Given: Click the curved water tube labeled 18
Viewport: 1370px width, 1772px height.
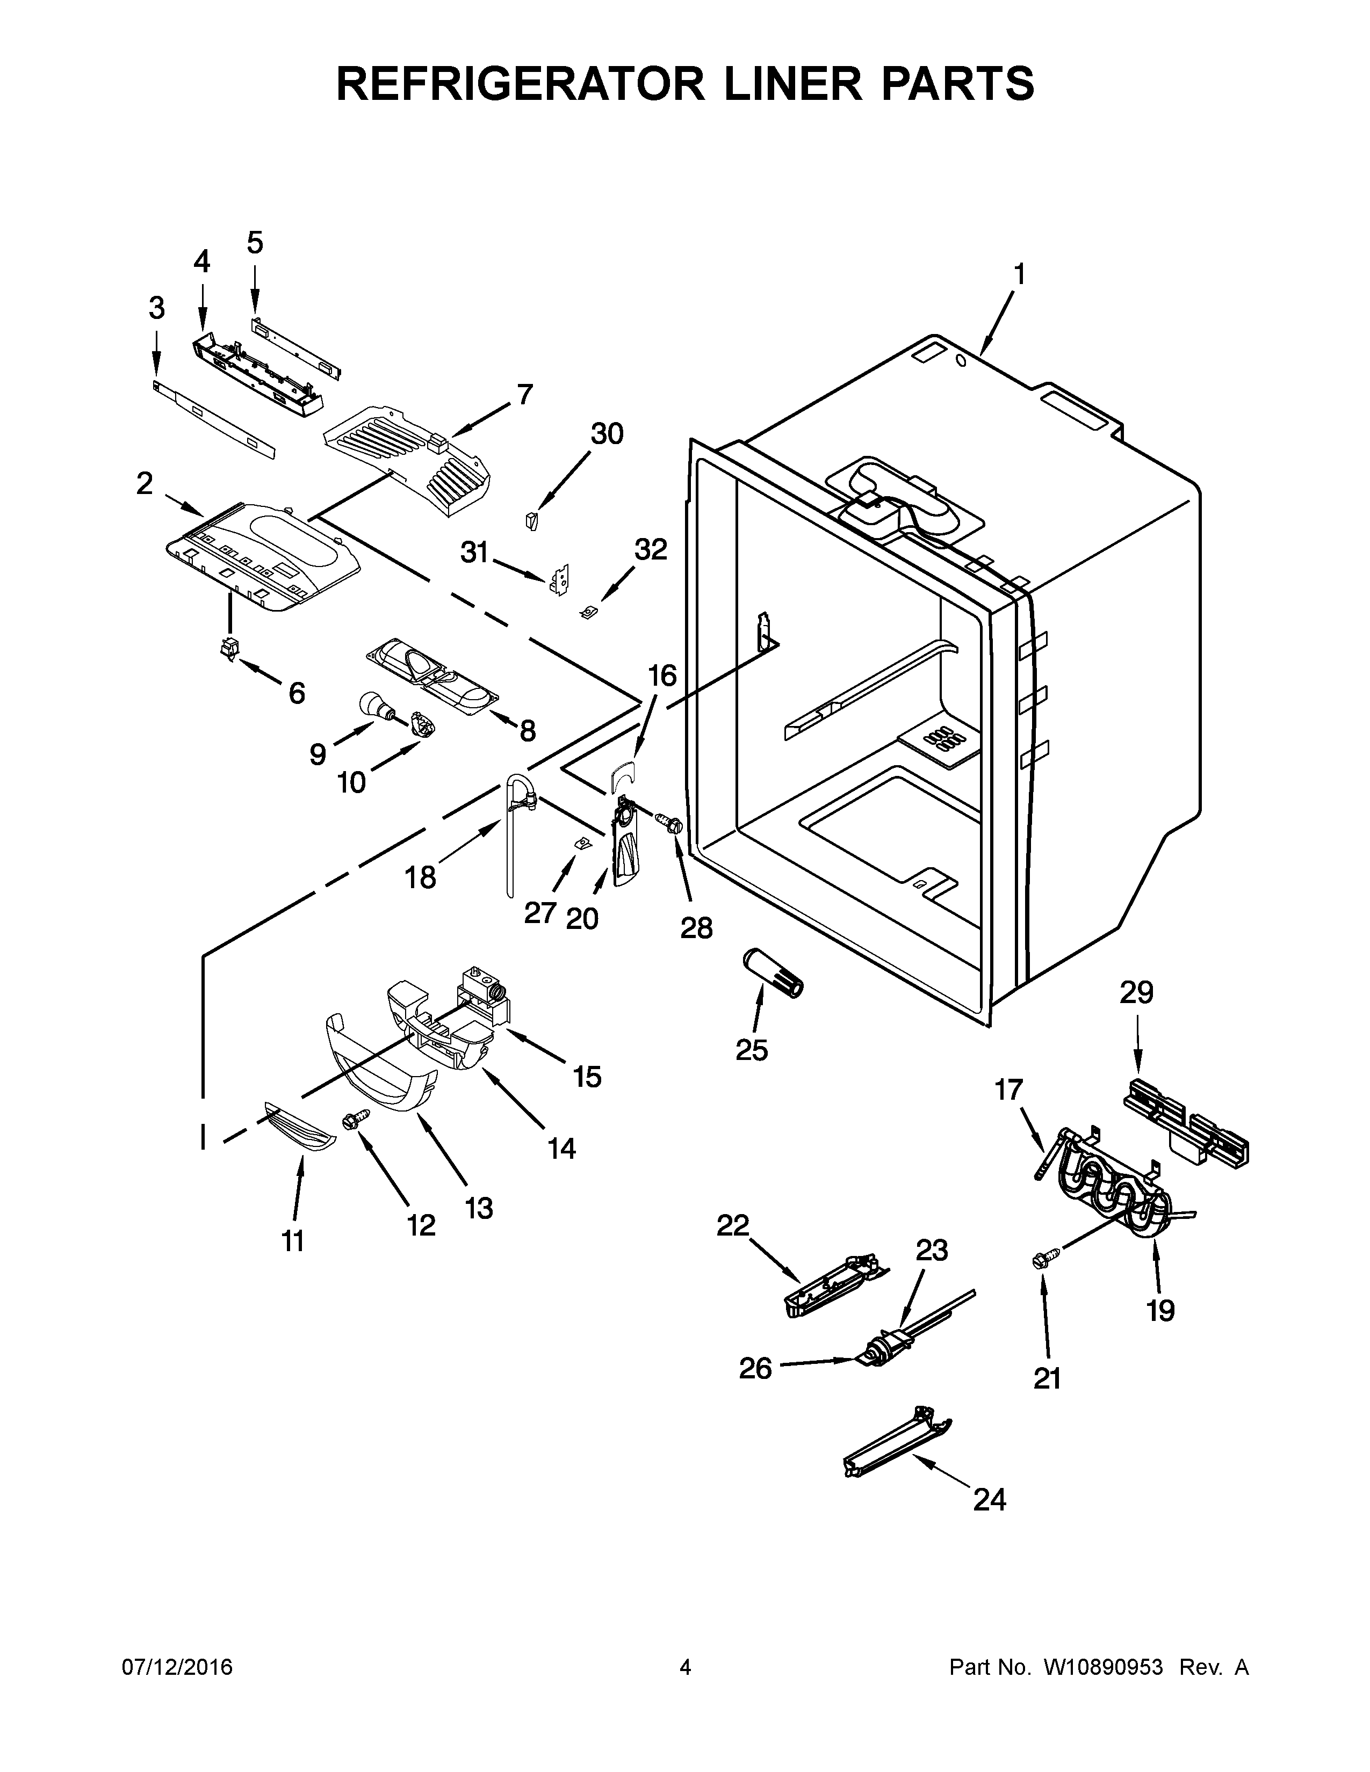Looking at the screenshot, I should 512,836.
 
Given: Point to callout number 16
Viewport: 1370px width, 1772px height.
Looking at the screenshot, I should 662,676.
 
